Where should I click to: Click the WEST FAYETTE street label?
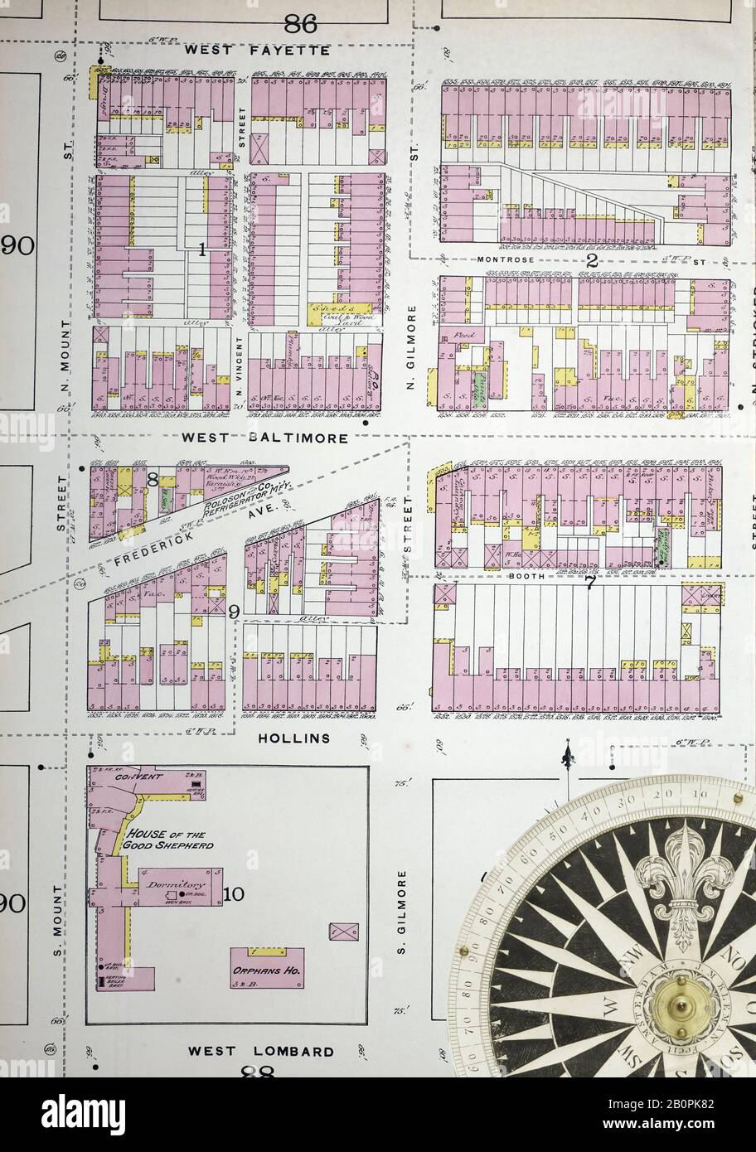click(257, 51)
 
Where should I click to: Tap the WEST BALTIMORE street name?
click(265, 438)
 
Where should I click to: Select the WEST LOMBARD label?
click(261, 1051)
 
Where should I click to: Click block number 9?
click(235, 612)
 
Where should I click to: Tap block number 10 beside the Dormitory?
click(233, 893)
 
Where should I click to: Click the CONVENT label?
click(138, 777)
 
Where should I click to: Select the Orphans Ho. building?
click(267, 968)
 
